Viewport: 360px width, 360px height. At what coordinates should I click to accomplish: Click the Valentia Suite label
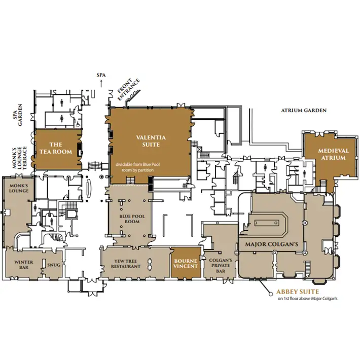(151, 141)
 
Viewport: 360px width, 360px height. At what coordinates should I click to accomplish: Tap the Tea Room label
(56, 148)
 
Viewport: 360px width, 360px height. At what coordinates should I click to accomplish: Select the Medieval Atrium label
(333, 154)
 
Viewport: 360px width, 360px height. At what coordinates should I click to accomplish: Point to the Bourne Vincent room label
(186, 264)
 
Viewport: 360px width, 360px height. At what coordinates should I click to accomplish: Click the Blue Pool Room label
(132, 219)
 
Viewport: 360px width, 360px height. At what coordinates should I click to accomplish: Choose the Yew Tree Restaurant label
(126, 264)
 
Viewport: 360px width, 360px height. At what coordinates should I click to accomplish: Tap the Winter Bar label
(24, 265)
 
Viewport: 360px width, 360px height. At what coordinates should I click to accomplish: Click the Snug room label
(54, 265)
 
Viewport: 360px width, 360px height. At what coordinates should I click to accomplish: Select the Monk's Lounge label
(19, 188)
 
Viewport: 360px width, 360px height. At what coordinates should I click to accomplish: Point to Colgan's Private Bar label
(221, 266)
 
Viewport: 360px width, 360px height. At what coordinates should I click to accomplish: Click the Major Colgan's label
(272, 244)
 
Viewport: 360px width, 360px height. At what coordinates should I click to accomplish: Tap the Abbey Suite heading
(298, 292)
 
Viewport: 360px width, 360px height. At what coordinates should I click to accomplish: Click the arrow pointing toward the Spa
(101, 84)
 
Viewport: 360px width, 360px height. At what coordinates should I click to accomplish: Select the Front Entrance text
(129, 90)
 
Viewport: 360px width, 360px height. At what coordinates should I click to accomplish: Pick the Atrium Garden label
(304, 111)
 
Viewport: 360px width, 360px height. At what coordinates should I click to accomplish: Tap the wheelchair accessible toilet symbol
(78, 124)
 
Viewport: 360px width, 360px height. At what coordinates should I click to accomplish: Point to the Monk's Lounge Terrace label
(20, 158)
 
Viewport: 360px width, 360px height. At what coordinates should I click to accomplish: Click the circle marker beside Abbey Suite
(271, 293)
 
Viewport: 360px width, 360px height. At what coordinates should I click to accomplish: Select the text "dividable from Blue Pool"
(137, 164)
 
